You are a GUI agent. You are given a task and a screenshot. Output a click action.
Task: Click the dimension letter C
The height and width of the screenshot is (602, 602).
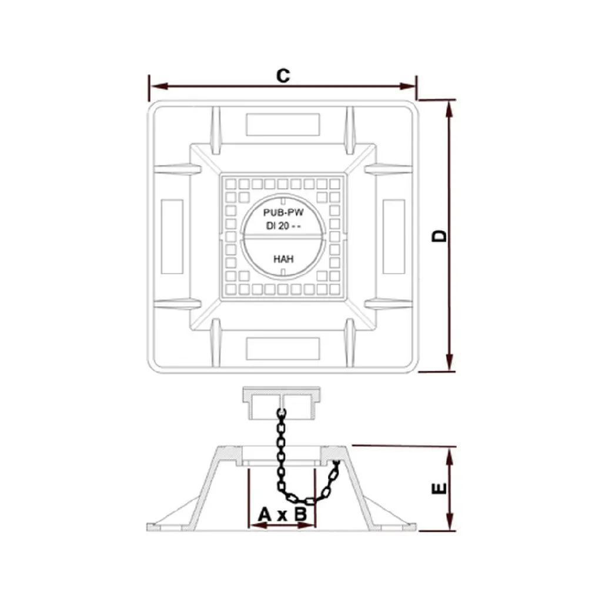pos(283,76)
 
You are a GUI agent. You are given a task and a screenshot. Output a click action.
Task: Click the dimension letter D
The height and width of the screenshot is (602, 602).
pos(440,236)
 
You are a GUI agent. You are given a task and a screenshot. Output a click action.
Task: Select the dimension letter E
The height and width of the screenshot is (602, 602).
pos(440,489)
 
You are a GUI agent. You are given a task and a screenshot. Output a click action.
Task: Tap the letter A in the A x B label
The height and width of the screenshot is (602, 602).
pos(265,514)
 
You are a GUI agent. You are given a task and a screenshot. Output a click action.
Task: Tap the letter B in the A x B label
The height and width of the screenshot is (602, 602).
pos(300,514)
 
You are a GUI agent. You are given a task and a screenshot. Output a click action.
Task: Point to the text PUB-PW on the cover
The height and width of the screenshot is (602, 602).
pos(283,212)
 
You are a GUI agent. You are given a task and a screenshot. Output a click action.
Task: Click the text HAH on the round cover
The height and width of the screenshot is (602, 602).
pos(283,259)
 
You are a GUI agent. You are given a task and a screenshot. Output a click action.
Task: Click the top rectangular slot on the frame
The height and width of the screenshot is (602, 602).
pos(283,125)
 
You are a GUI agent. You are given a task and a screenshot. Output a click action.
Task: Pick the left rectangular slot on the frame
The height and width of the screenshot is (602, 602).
pos(172,236)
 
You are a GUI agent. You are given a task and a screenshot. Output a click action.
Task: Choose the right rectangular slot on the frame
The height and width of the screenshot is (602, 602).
pos(394,236)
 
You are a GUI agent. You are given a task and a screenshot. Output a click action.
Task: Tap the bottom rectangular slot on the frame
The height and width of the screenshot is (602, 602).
pos(283,349)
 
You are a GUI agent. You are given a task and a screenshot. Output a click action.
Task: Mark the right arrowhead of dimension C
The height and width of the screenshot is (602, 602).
pos(407,86)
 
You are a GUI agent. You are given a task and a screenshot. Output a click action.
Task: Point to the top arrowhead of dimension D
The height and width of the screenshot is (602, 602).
pos(450,109)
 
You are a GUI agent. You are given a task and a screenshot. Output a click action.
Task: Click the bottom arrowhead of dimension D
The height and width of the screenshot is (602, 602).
pos(450,362)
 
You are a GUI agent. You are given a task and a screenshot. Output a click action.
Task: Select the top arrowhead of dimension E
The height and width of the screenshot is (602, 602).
pos(450,457)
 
